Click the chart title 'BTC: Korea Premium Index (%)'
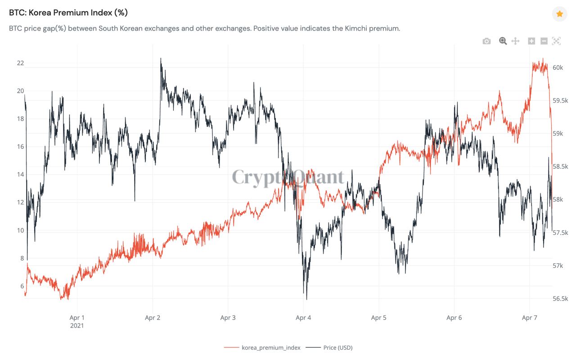[x=68, y=13]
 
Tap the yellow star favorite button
[x=559, y=14]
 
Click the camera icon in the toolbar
[x=486, y=41]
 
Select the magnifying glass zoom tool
[x=503, y=41]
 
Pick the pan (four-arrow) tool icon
[x=516, y=41]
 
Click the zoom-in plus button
[x=531, y=41]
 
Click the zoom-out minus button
[x=544, y=41]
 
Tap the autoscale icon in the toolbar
[x=556, y=41]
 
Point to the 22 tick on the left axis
[x=20, y=63]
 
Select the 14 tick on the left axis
[x=20, y=175]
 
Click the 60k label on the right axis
[x=558, y=67]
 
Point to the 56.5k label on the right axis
[x=560, y=299]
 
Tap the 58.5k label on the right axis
[x=560, y=166]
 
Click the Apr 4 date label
[x=303, y=318]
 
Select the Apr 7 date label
[x=530, y=318]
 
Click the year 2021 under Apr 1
[x=77, y=325]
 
